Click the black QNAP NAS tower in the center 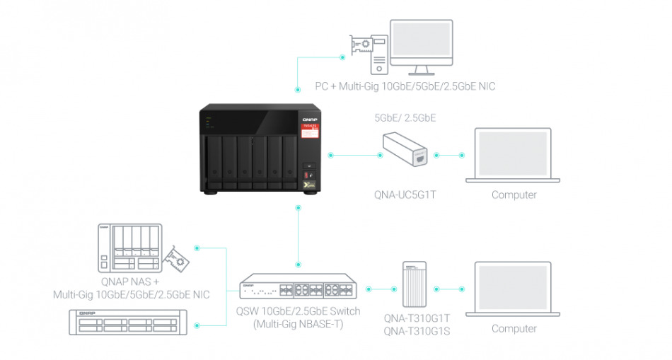(x=258, y=149)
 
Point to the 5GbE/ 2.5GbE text (x=405, y=118)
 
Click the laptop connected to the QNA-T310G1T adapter (x=517, y=290)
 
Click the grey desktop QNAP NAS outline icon (x=131, y=247)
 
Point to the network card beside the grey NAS (x=175, y=260)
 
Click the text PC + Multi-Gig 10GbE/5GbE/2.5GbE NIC (x=405, y=86)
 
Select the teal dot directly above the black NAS (x=297, y=90)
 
